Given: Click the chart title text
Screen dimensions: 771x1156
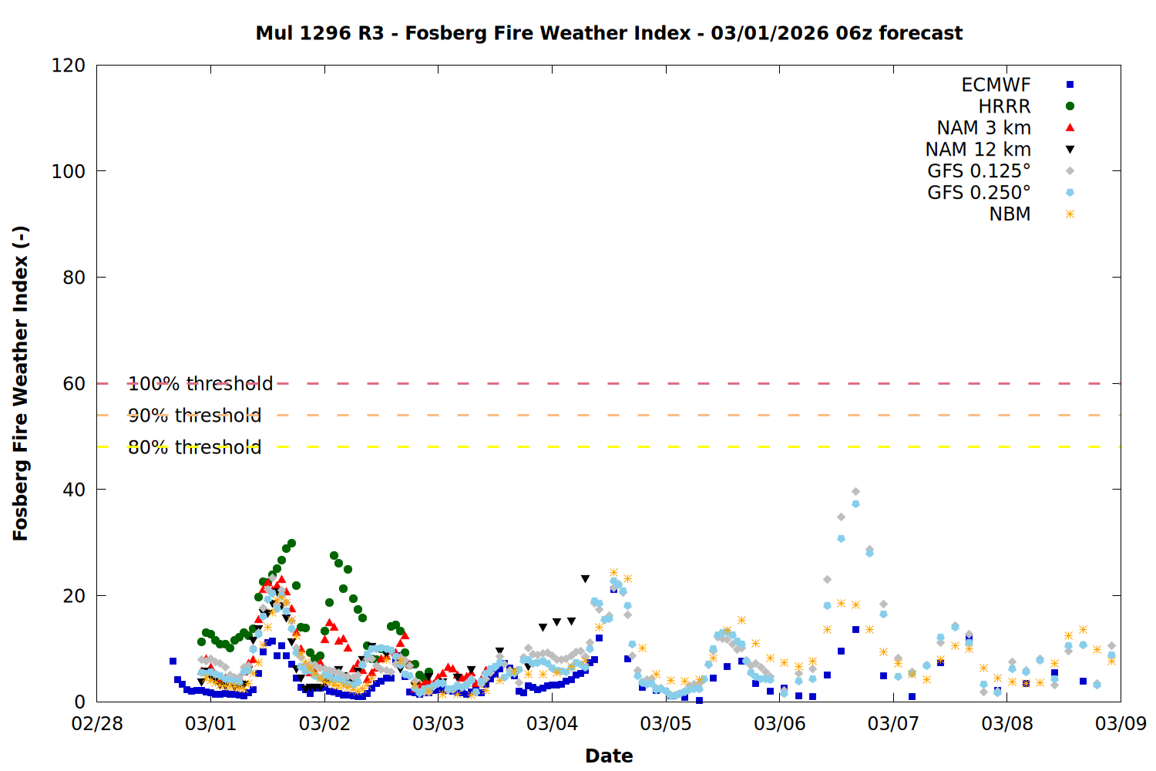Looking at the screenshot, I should coord(609,33).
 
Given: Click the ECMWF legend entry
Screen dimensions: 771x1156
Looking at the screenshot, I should coord(996,85).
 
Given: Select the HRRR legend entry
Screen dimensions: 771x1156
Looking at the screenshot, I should coord(1004,106).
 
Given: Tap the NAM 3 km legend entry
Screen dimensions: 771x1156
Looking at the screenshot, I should coord(983,128).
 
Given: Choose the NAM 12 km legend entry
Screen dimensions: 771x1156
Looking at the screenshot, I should coord(978,150).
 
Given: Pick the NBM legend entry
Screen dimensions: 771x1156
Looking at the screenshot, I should coord(1010,214).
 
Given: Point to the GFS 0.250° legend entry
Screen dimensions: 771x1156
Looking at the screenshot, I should coord(979,193).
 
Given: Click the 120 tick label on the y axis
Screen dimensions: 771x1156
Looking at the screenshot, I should coord(69,66).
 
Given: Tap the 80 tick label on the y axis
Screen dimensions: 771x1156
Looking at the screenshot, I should coord(74,278).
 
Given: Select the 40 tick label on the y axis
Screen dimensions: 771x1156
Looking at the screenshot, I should coord(74,490).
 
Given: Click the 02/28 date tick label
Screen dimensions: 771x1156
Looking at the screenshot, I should coord(97,724).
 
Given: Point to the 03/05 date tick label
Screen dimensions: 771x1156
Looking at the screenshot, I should coord(666,724).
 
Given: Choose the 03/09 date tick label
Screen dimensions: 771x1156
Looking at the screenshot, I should coord(1121,724).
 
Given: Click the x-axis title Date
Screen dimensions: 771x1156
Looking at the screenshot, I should coord(609,756).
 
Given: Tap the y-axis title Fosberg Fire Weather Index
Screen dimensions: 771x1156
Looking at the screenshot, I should coord(21,383).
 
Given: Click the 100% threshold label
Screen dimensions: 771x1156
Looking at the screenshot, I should coord(200,384).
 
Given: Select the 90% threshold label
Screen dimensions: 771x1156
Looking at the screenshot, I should coord(195,416).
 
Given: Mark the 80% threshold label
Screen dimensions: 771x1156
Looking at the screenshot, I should coord(195,447).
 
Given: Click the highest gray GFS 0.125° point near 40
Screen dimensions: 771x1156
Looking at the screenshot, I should coord(855,491).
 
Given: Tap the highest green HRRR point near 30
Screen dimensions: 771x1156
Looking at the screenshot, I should coord(291,544).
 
